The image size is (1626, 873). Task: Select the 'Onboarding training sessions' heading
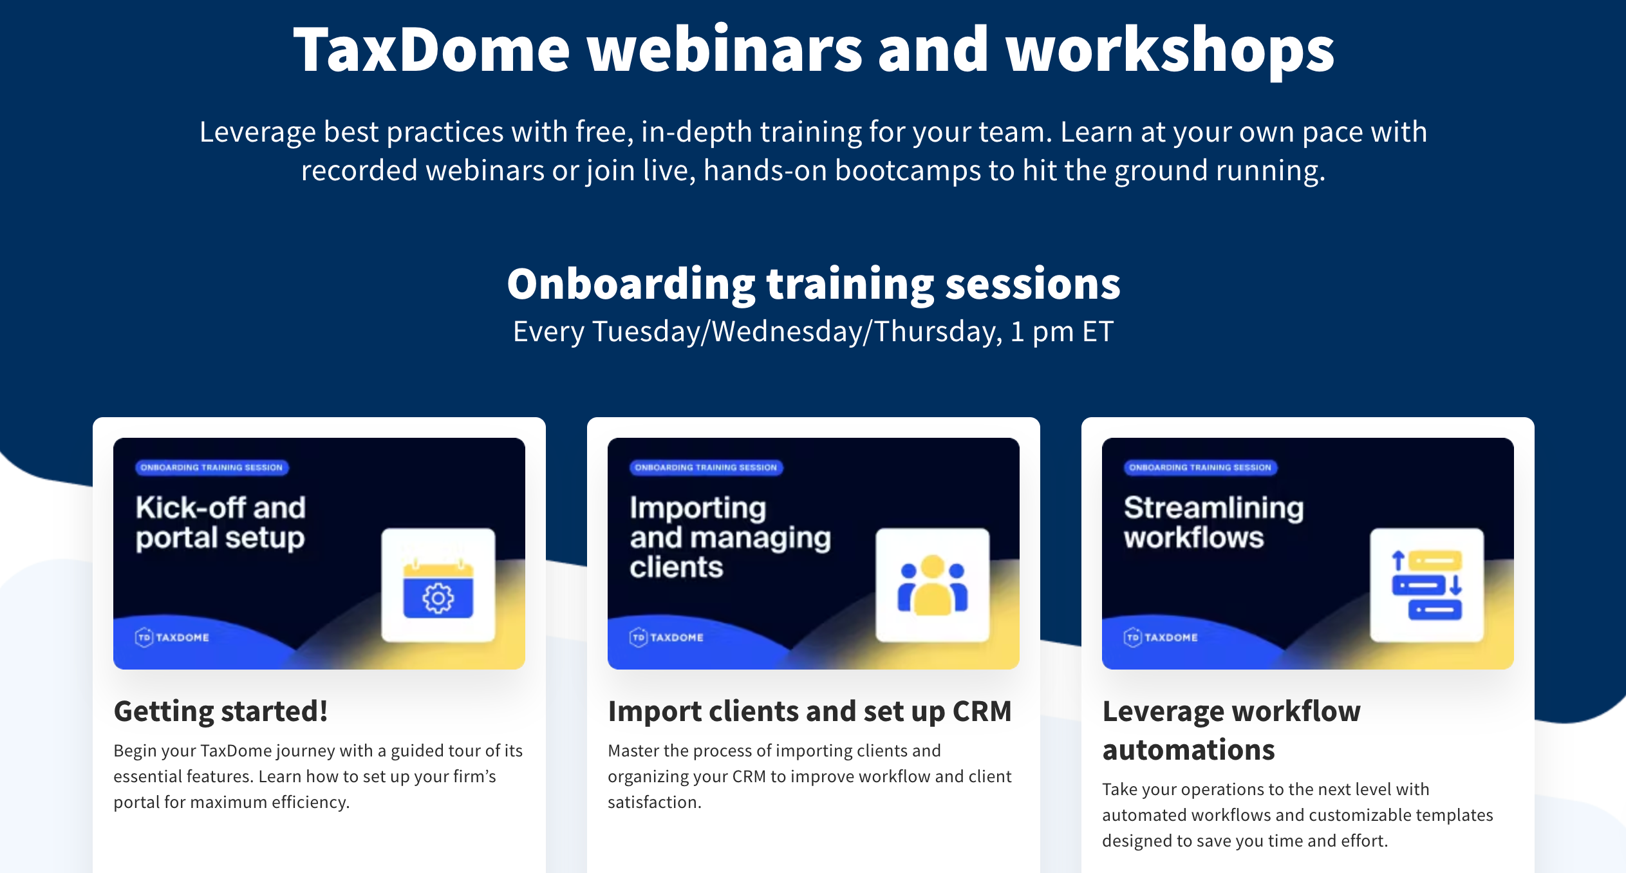tap(814, 284)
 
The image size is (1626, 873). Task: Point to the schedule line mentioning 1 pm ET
tap(814, 332)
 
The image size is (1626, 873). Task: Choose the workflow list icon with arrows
tap(1427, 585)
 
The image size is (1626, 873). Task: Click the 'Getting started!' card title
tap(221, 711)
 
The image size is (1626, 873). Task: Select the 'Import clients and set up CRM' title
tap(810, 712)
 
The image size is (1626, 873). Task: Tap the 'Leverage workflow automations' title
tap(1231, 731)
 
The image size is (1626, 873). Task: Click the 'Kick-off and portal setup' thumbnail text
tap(220, 523)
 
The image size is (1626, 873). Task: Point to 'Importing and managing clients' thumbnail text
tap(730, 538)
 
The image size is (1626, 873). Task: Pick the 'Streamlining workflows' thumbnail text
tap(1214, 522)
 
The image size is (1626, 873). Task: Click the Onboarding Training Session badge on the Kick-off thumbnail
tap(212, 467)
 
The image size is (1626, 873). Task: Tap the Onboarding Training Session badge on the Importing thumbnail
tap(706, 467)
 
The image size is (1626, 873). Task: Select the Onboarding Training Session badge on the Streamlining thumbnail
tap(1201, 467)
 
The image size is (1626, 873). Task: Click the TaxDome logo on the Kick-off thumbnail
tap(172, 637)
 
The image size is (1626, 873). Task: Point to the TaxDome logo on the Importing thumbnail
tap(666, 637)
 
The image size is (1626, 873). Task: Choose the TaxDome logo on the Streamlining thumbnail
tap(1161, 637)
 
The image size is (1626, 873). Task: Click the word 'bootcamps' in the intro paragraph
tap(908, 171)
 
